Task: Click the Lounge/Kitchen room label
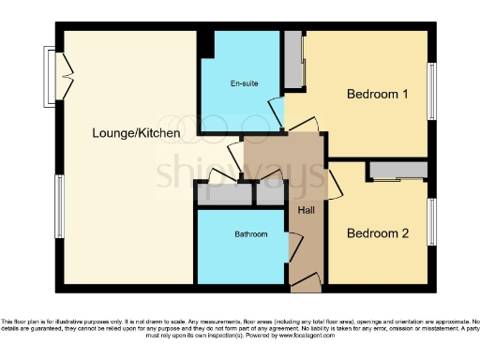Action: pos(136,134)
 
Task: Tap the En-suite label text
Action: pos(244,84)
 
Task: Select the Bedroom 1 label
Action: pos(377,95)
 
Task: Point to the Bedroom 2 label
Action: pos(377,234)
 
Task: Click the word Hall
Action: pos(306,210)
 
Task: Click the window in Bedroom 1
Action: pos(432,90)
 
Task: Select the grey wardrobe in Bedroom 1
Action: pos(293,61)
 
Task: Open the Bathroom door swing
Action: pos(294,250)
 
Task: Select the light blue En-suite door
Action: pos(278,119)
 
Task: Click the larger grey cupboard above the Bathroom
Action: pos(224,195)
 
